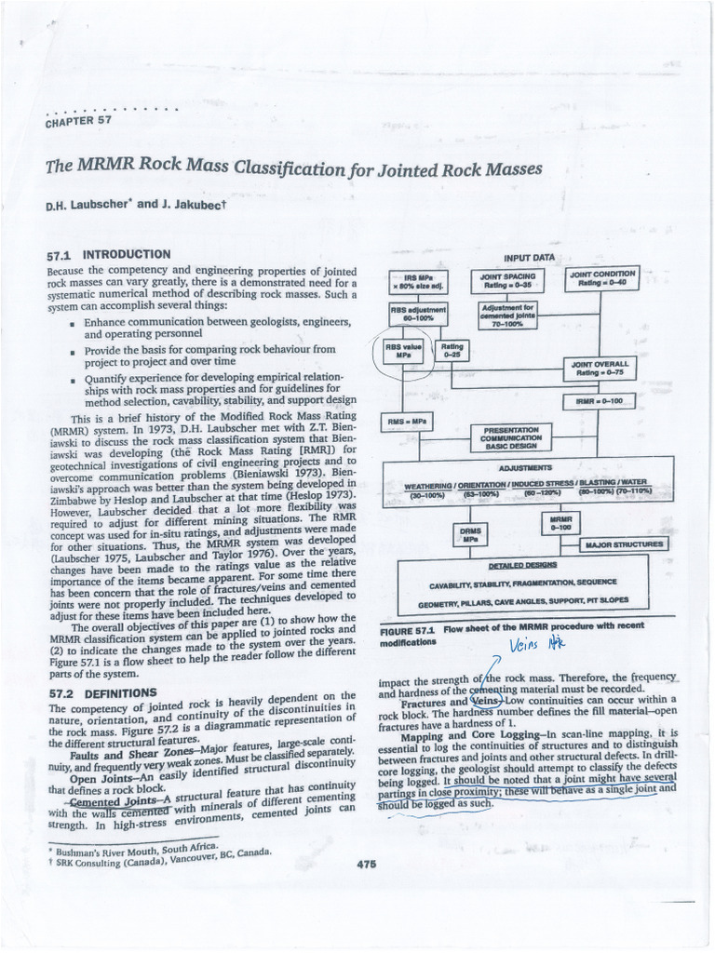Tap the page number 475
366,864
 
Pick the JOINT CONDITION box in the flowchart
602,278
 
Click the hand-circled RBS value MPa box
404,351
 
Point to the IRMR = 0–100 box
599,401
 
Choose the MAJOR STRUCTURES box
624,544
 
